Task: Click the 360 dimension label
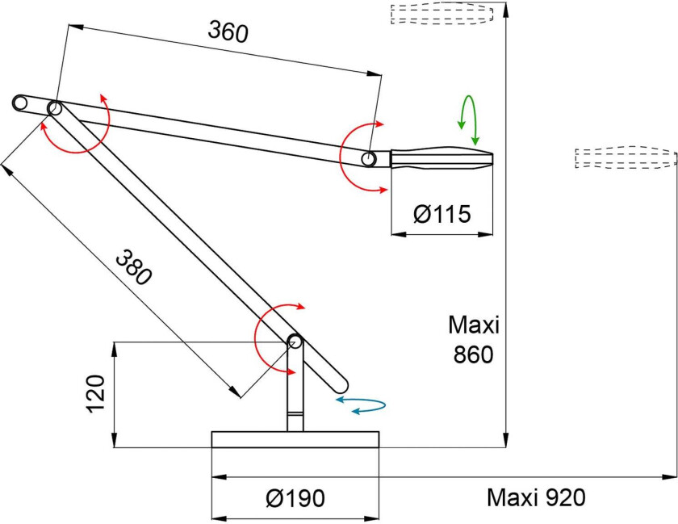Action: click(x=228, y=31)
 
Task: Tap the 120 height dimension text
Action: click(x=95, y=394)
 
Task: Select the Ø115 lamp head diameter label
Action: click(x=442, y=215)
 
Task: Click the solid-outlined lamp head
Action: click(x=441, y=157)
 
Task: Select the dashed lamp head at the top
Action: click(x=442, y=15)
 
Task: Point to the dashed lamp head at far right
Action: click(x=625, y=157)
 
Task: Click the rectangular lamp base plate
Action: click(x=295, y=440)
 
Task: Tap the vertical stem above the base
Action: click(x=295, y=396)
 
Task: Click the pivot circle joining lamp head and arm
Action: click(x=369, y=159)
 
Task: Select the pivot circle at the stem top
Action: click(x=295, y=342)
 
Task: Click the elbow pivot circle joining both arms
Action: click(x=55, y=108)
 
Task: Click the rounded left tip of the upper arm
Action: click(x=20, y=103)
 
